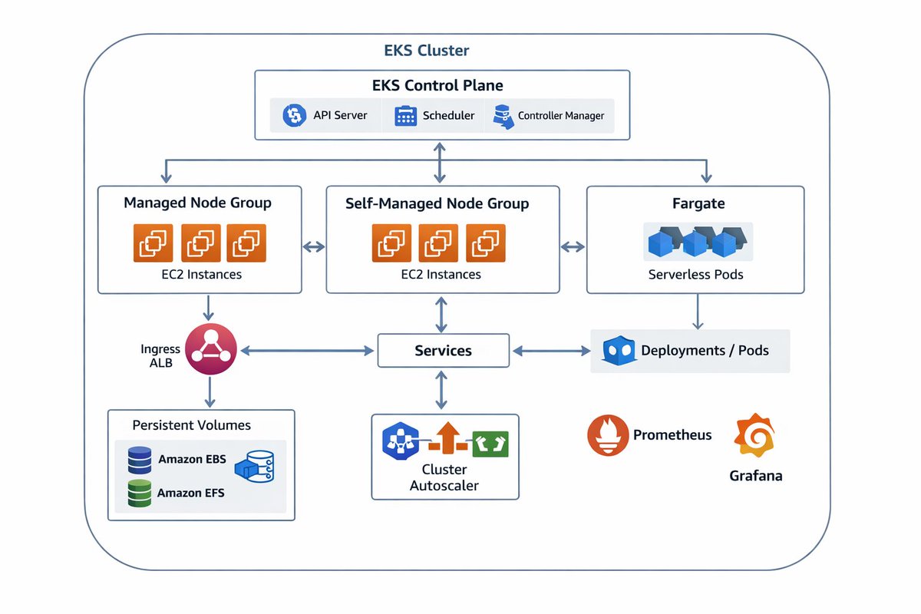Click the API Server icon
point(293,116)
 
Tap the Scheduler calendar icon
point(404,116)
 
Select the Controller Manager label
point(561,116)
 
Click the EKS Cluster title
point(427,51)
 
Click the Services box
point(443,351)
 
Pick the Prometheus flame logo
point(608,435)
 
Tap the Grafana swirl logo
point(755,436)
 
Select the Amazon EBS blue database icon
point(140,460)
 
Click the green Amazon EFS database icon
point(140,493)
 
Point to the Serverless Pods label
point(695,274)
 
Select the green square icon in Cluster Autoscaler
point(490,443)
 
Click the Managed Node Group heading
point(197,203)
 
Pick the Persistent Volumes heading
point(191,425)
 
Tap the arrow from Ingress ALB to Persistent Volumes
point(208,392)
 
